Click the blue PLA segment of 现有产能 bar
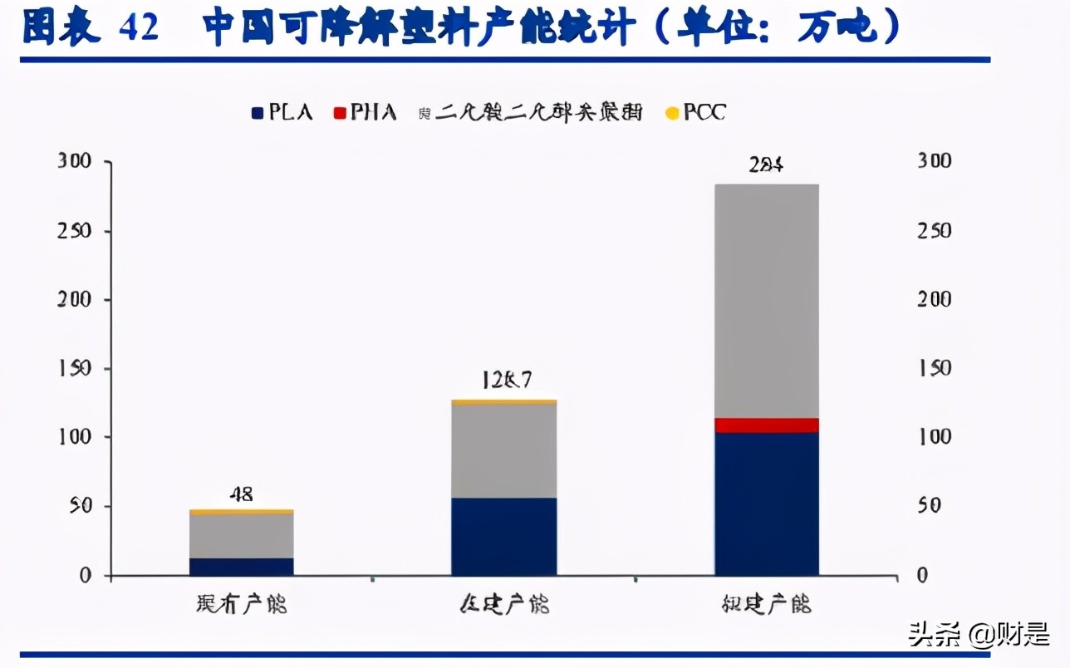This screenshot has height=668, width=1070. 241,566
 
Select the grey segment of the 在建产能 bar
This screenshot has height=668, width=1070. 503,450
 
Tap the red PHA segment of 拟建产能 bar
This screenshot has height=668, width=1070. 766,425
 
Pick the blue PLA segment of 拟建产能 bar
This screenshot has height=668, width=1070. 766,503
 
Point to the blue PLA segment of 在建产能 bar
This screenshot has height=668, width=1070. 503,536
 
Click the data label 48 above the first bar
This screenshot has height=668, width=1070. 241,494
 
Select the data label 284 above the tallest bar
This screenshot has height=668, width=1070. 766,165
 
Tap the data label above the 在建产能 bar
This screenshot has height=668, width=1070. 505,381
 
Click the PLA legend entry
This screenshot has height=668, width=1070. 282,112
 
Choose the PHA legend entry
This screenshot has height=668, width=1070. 365,112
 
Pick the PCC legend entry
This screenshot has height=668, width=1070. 697,112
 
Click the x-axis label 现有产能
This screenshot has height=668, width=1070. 242,604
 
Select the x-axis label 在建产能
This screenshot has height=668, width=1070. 504,604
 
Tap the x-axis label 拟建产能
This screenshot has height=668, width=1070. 766,604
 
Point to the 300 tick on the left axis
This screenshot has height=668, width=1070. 74,161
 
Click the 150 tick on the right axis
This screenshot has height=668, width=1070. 934,368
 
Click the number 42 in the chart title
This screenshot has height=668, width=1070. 139,28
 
